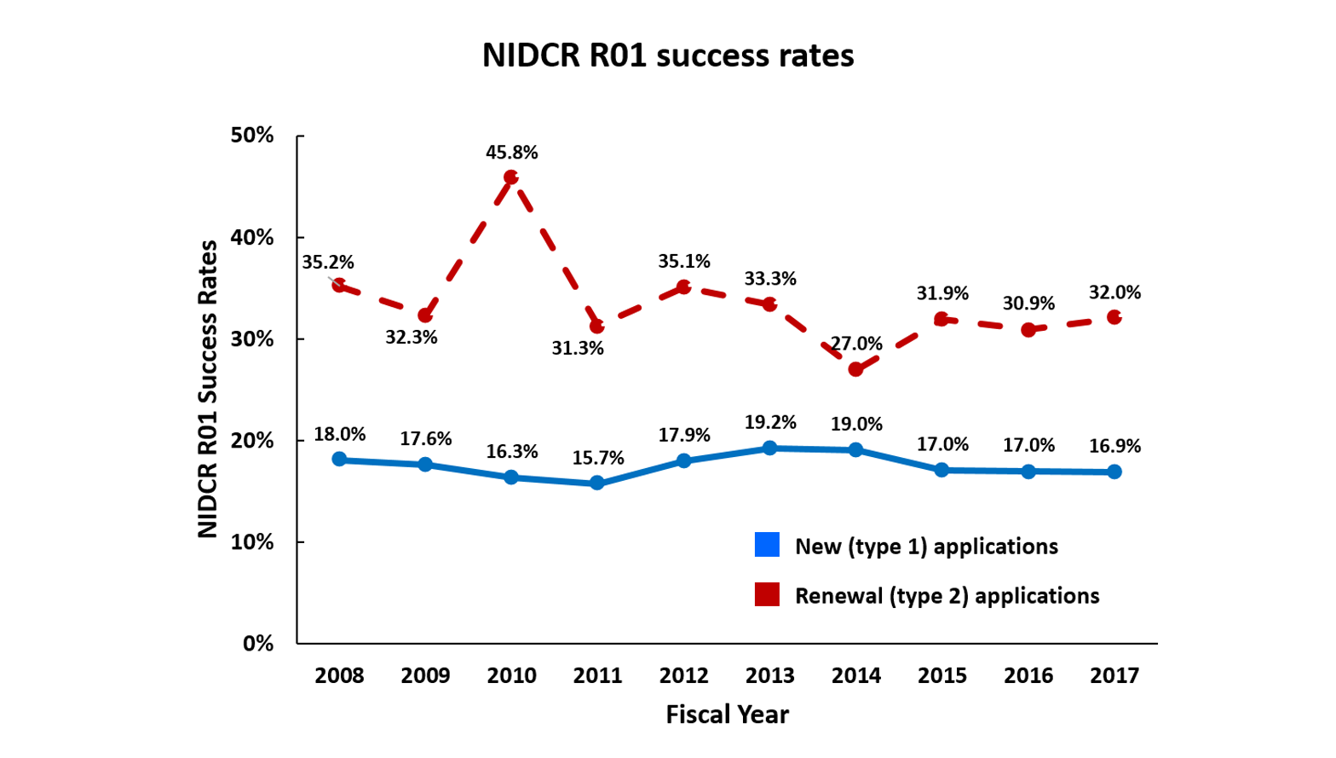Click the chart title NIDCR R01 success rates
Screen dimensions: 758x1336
coord(668,55)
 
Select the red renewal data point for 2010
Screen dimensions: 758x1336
coord(511,177)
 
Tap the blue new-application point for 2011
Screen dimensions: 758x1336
coord(597,483)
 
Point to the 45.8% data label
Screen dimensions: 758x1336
coord(511,153)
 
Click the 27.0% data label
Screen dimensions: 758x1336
coord(856,344)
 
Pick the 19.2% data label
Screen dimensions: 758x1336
coord(770,422)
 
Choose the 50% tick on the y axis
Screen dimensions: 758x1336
coord(252,136)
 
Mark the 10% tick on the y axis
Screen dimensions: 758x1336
coord(252,542)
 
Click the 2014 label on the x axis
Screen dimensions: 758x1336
coord(856,676)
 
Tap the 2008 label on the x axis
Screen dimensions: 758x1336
coord(339,676)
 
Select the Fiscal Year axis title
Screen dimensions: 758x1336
coord(727,715)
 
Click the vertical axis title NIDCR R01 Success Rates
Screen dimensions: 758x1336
coord(208,389)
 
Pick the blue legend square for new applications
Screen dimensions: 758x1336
coord(767,545)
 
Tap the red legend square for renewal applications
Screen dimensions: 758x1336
coord(767,594)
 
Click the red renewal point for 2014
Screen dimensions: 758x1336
coord(856,369)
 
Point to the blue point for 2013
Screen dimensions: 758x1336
coord(770,448)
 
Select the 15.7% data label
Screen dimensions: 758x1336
coord(597,458)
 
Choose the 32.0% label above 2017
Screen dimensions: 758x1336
coord(1114,292)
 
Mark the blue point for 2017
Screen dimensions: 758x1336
coord(1114,472)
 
